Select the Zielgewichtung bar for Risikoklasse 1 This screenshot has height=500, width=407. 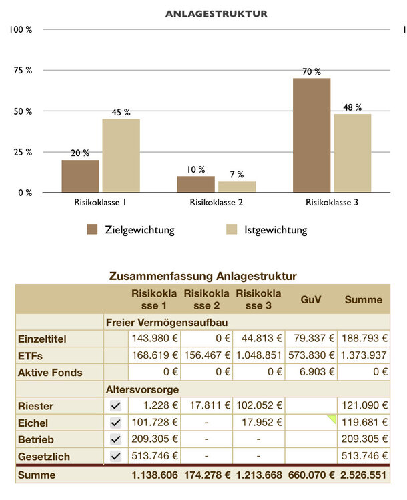(80, 176)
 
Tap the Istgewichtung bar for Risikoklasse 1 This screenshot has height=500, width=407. (121, 155)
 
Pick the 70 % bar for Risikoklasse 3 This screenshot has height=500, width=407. (312, 135)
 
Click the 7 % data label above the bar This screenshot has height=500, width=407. (237, 175)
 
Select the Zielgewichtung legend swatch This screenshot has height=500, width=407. (93, 230)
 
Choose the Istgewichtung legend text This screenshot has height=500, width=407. (276, 230)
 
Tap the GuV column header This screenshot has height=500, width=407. (310, 299)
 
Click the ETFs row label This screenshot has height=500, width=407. (30, 355)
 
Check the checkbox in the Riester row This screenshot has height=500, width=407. (116, 406)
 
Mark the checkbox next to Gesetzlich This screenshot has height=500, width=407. (116, 456)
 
